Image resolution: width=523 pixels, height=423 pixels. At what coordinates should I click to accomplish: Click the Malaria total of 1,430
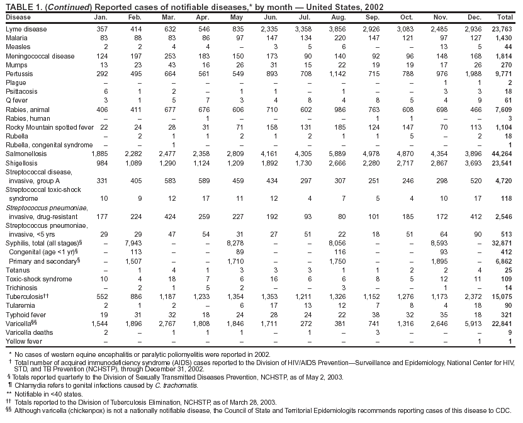click(x=504, y=38)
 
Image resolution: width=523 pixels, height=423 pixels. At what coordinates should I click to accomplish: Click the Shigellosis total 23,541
click(x=502, y=162)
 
